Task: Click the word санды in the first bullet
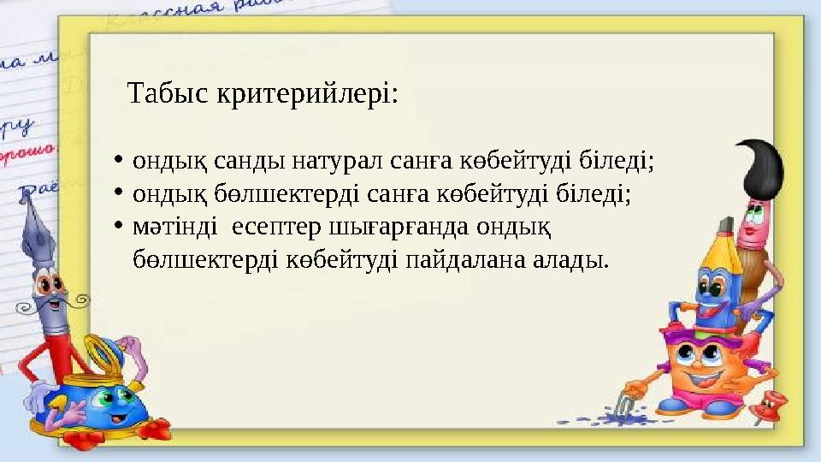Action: coord(255,160)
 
